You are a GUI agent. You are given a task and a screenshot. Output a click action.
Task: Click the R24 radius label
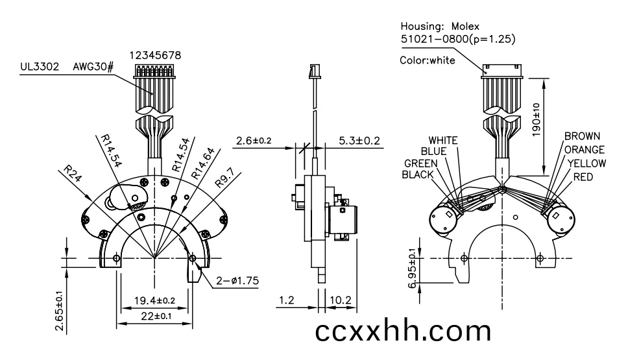tap(73, 173)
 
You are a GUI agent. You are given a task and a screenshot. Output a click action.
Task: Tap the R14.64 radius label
tap(202, 163)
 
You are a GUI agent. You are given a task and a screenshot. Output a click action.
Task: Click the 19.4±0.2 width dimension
tap(154, 300)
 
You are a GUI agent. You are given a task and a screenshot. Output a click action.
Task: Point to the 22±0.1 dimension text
tap(156, 316)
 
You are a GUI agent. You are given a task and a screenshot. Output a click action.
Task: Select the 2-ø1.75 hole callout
tap(237, 281)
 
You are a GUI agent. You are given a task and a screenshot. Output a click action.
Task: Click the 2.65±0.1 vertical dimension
tap(60, 311)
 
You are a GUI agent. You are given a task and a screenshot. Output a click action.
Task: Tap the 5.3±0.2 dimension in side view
tap(359, 141)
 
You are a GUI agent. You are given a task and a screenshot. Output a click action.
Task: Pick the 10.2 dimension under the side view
tap(341, 300)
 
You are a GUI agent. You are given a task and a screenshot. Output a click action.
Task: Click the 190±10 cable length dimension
tap(536, 120)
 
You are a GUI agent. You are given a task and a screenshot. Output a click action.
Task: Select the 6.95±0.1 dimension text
tap(412, 268)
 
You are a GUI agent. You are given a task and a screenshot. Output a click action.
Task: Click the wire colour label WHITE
tap(443, 141)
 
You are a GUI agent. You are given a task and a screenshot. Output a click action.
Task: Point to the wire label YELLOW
tap(586, 163)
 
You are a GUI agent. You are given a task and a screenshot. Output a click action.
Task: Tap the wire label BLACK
tap(418, 174)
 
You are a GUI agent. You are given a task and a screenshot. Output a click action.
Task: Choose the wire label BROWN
tap(583, 136)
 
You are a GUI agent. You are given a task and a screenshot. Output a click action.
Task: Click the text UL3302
tap(40, 66)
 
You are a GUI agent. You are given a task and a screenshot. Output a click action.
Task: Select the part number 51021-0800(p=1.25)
tap(458, 39)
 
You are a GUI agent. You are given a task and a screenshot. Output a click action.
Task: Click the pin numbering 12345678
tap(155, 55)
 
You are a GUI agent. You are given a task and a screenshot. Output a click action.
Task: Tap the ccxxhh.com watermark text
tap(403, 331)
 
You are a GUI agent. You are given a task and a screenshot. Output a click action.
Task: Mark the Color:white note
tap(428, 60)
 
